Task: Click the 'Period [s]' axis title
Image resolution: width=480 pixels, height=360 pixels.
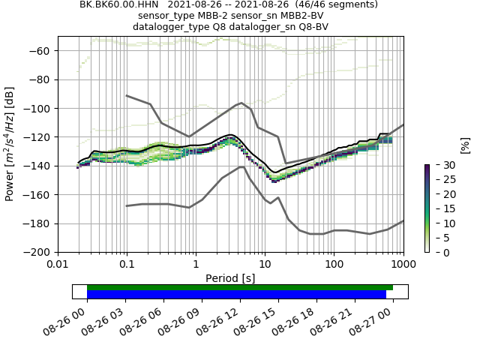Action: pos(230,278)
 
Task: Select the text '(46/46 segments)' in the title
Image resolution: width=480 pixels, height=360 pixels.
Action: pos(340,4)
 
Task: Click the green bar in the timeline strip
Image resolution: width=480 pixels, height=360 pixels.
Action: pos(240,287)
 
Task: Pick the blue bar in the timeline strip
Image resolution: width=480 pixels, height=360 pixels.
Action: pos(236,295)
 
